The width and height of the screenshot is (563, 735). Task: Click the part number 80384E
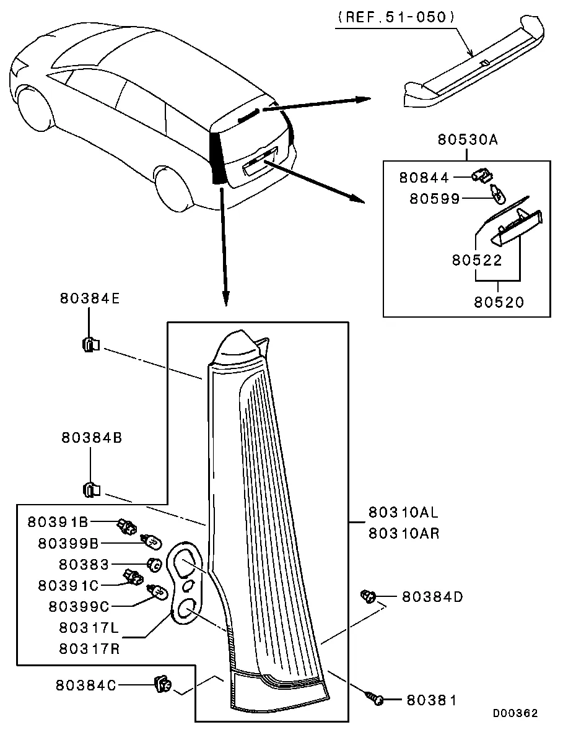90,297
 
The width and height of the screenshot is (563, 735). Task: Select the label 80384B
92,437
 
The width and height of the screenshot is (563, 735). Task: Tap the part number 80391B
63,523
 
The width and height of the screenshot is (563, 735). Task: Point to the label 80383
84,565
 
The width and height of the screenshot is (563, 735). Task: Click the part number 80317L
89,628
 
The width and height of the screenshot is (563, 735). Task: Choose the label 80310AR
404,533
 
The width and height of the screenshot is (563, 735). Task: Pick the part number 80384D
432,597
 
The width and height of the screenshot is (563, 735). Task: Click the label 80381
431,700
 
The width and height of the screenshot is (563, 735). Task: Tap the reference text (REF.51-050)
397,17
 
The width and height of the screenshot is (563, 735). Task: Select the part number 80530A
468,140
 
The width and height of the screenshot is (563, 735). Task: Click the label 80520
499,303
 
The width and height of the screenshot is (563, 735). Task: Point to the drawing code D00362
515,713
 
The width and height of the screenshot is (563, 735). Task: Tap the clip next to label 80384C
163,685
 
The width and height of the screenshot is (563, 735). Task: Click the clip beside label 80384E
90,344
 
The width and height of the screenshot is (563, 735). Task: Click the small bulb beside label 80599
497,196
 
